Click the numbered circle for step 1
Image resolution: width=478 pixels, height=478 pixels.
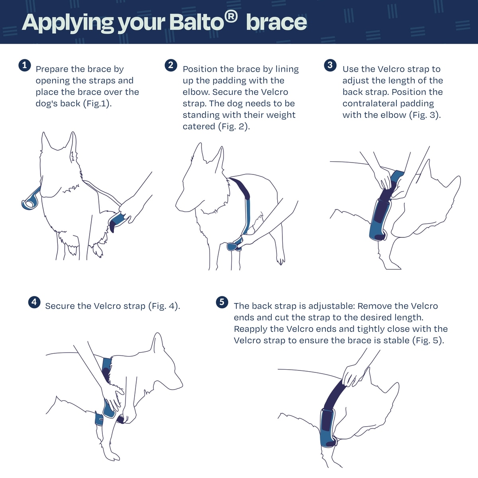click(25, 65)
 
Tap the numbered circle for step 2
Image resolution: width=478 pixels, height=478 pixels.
click(171, 65)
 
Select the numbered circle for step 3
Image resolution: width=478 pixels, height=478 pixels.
click(330, 65)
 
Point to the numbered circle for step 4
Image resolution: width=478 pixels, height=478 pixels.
click(34, 302)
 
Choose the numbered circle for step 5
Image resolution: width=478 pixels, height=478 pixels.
click(222, 302)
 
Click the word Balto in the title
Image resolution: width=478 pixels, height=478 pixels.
click(197, 23)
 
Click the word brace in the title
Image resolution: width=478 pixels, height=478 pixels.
click(276, 23)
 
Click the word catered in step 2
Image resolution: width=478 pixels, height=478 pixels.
click(199, 127)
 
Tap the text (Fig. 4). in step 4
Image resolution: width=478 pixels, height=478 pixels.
click(164, 306)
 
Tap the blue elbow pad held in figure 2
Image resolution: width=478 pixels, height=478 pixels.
click(232, 247)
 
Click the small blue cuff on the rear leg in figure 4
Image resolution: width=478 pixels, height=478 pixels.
click(99, 419)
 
